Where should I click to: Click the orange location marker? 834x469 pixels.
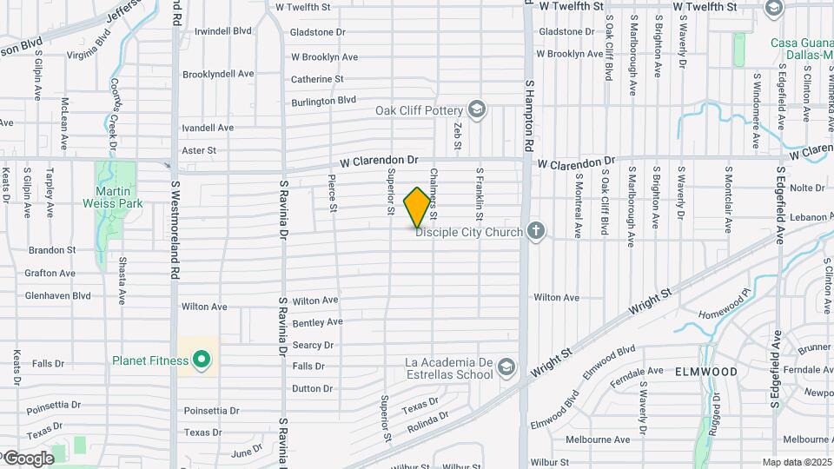point(418,208)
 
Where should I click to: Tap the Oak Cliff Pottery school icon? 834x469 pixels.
point(476,110)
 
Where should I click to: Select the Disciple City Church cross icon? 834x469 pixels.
point(537,231)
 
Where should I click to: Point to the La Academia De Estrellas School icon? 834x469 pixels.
point(506,369)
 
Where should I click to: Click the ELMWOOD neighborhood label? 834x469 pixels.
point(706,372)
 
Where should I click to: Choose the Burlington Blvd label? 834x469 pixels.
point(324,101)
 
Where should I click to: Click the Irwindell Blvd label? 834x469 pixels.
point(223,31)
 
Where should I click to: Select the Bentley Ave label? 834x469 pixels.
point(317,322)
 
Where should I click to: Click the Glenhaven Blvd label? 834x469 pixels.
point(58,295)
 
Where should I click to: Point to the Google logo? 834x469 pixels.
point(29,459)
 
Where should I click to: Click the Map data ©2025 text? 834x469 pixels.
point(797,462)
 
